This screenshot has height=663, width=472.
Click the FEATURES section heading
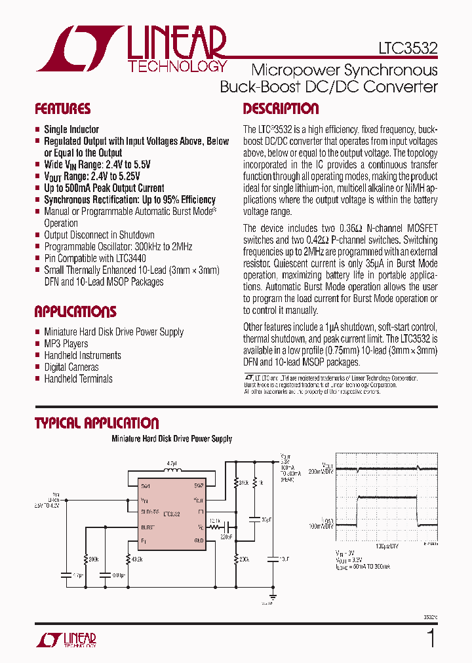click(x=62, y=109)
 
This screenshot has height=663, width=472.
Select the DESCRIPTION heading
click(x=281, y=109)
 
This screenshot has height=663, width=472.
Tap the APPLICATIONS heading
click(x=75, y=311)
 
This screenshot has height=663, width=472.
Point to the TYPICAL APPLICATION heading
click(x=96, y=423)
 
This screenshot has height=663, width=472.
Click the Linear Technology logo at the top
click(x=131, y=49)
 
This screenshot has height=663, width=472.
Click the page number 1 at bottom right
click(x=431, y=637)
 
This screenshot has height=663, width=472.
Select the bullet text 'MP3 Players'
click(x=66, y=343)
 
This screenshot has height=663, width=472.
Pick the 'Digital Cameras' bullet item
click(x=71, y=367)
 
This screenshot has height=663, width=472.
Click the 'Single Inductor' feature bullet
click(x=71, y=129)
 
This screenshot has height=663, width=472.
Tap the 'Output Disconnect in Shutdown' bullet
click(x=99, y=235)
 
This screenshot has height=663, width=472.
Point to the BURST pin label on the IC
click(x=147, y=526)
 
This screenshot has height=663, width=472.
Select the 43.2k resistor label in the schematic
click(x=136, y=559)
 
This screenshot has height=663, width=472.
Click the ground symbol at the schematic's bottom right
click(x=270, y=599)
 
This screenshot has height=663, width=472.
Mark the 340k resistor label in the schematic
click(x=243, y=483)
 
